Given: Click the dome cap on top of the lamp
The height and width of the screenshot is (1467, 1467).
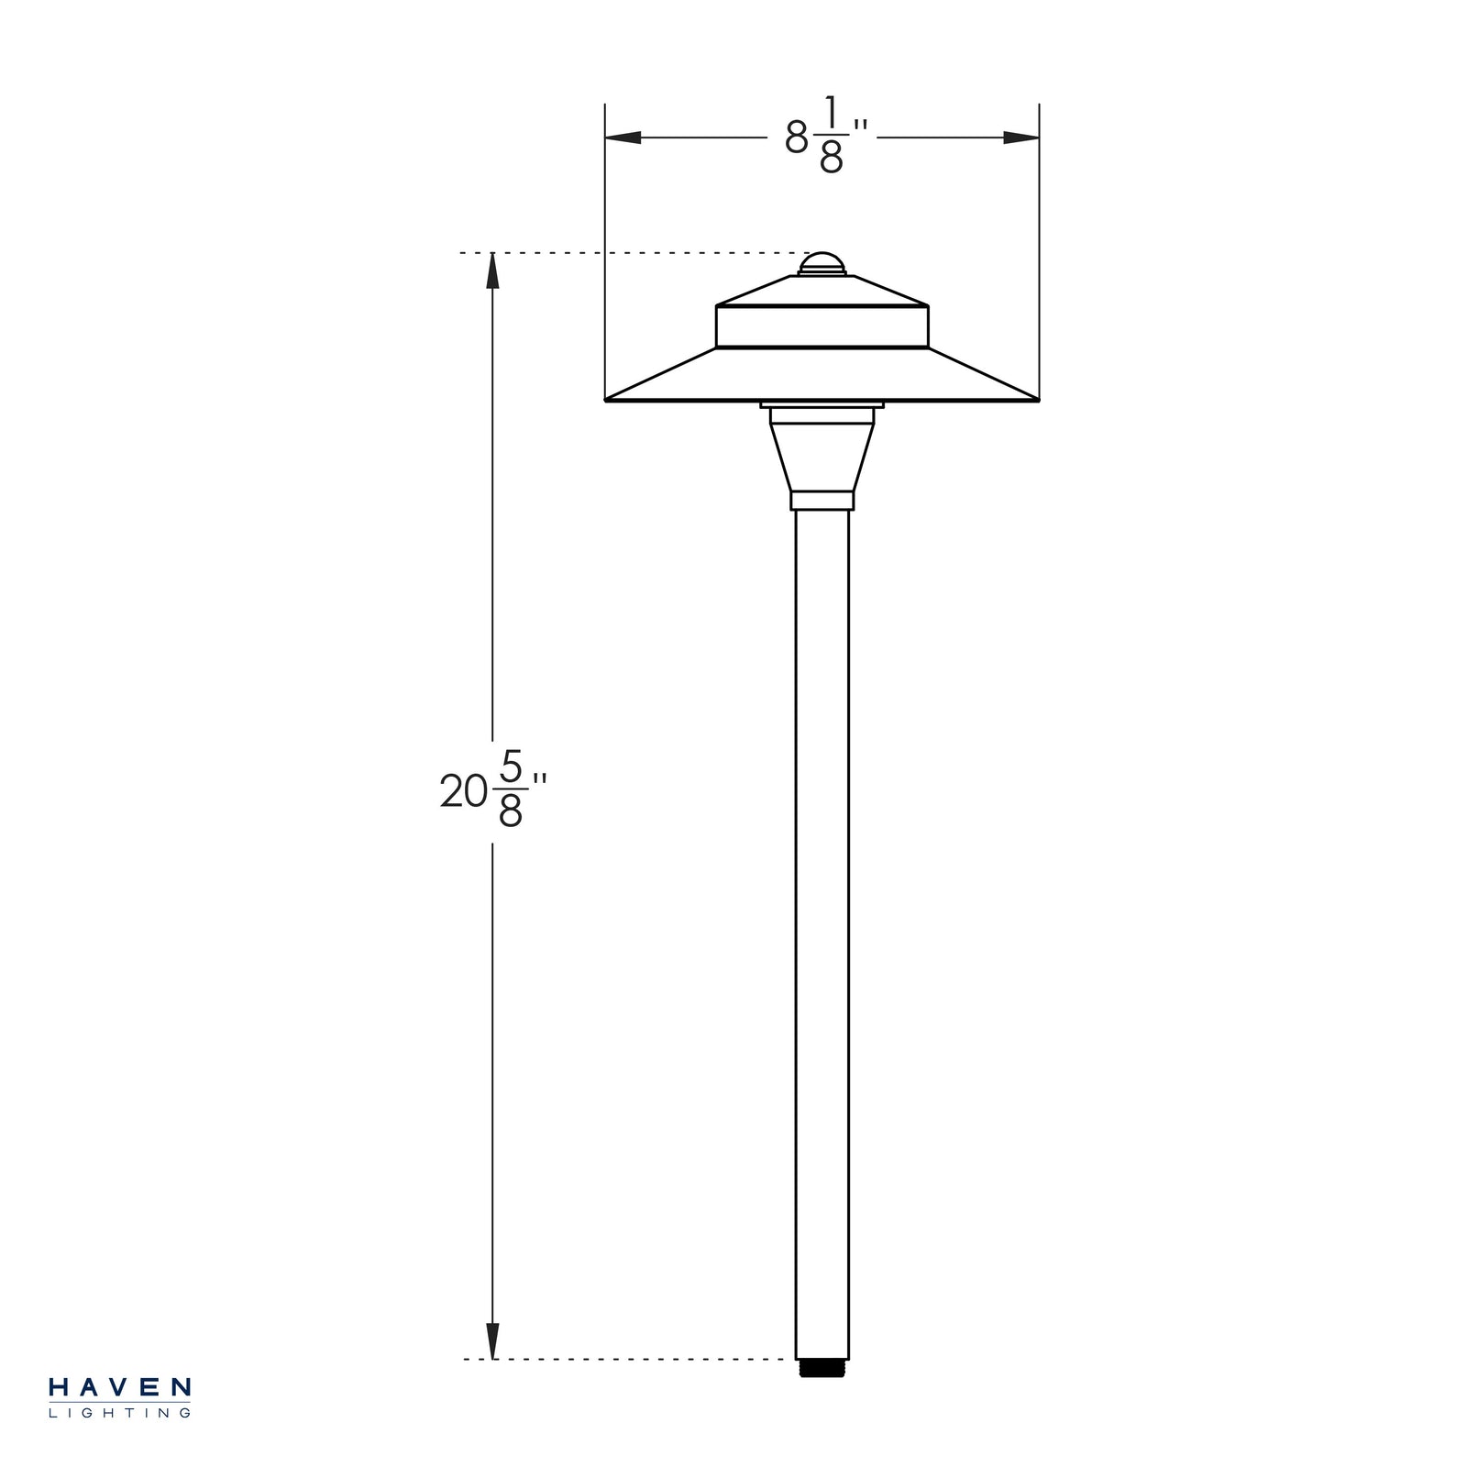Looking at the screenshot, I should (821, 263).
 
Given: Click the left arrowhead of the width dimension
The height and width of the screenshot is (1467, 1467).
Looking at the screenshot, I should (623, 138).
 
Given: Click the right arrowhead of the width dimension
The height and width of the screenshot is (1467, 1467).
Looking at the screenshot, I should (1020, 138).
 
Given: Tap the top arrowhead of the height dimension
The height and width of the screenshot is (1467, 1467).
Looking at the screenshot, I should (492, 270).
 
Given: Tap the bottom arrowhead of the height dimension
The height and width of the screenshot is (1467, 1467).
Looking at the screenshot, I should (492, 1340).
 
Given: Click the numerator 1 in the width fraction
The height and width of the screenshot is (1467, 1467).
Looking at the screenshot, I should (831, 113).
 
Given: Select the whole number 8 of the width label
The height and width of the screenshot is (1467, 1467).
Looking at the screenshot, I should (797, 139).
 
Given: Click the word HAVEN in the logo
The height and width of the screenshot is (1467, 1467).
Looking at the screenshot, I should (119, 1387).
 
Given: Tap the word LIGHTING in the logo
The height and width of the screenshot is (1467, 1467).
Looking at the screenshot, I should (119, 1413).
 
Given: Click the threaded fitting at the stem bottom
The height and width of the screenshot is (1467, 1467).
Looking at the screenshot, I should (822, 1368).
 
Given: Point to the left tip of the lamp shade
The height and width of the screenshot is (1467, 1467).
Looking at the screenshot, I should (608, 400).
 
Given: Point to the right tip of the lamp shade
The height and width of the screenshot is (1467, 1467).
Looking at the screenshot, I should (1037, 400).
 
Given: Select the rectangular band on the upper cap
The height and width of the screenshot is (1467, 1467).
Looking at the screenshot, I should (822, 327).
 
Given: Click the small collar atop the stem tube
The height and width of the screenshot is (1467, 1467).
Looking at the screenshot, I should (822, 501).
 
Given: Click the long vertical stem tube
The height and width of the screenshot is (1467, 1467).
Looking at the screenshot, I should (822, 917).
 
